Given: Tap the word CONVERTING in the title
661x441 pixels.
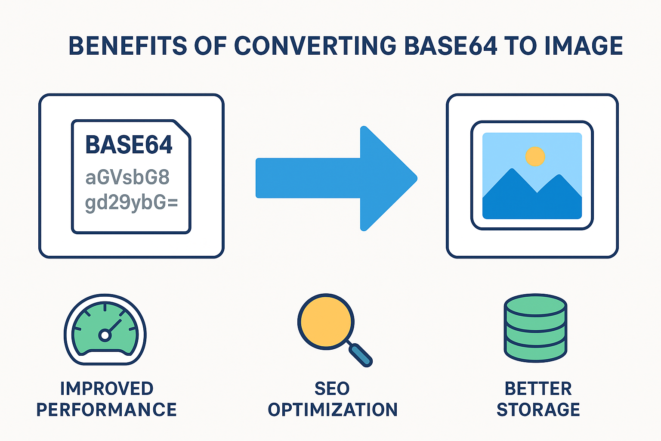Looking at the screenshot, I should pyautogui.click(x=315, y=46).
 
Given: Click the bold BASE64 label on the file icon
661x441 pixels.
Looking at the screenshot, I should pyautogui.click(x=129, y=145).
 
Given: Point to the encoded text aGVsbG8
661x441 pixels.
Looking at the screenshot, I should pyautogui.click(x=127, y=177).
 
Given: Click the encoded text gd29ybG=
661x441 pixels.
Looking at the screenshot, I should pyautogui.click(x=131, y=202).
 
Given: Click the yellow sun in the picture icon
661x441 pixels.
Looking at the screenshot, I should pyautogui.click(x=535, y=156).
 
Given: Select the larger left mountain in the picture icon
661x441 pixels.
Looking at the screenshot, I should pyautogui.click(x=510, y=194).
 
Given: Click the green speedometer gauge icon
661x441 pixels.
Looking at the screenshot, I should pyautogui.click(x=105, y=329).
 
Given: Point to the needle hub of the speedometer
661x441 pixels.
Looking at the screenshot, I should pyautogui.click(x=105, y=335).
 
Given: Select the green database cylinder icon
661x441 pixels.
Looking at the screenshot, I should pyautogui.click(x=535, y=328).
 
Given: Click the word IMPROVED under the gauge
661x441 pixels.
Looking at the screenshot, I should pyautogui.click(x=107, y=388).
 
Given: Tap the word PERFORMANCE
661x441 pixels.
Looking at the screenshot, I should pyautogui.click(x=106, y=410).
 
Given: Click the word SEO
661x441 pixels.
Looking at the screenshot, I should pyautogui.click(x=332, y=388).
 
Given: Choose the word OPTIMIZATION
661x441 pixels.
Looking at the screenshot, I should pyautogui.click(x=333, y=410).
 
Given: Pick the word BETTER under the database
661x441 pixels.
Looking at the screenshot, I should pyautogui.click(x=538, y=388).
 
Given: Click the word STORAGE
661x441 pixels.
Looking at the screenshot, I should pyautogui.click(x=538, y=410).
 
